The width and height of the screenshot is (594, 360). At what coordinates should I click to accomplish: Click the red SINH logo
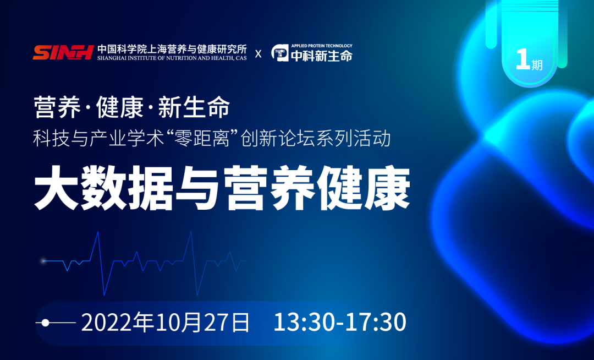[x=62, y=52]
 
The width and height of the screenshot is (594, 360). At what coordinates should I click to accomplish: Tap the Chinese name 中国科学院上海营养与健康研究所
[x=172, y=48]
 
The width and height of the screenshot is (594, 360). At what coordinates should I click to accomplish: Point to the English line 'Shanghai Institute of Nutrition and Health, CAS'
[x=172, y=58]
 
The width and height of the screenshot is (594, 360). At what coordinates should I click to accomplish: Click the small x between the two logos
[x=258, y=54]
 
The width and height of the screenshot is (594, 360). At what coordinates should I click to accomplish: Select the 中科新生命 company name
[x=322, y=56]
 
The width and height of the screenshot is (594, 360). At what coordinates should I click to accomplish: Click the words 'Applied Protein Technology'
[x=322, y=46]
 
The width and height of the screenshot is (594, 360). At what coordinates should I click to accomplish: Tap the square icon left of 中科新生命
[x=280, y=53]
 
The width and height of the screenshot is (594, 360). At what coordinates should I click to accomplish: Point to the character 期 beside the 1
[x=537, y=65]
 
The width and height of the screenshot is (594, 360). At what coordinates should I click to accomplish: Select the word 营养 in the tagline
[x=51, y=107]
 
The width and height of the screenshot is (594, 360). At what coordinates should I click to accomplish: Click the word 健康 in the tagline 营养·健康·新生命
[x=113, y=107]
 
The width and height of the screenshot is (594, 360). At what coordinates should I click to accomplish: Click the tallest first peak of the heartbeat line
[x=98, y=232]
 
